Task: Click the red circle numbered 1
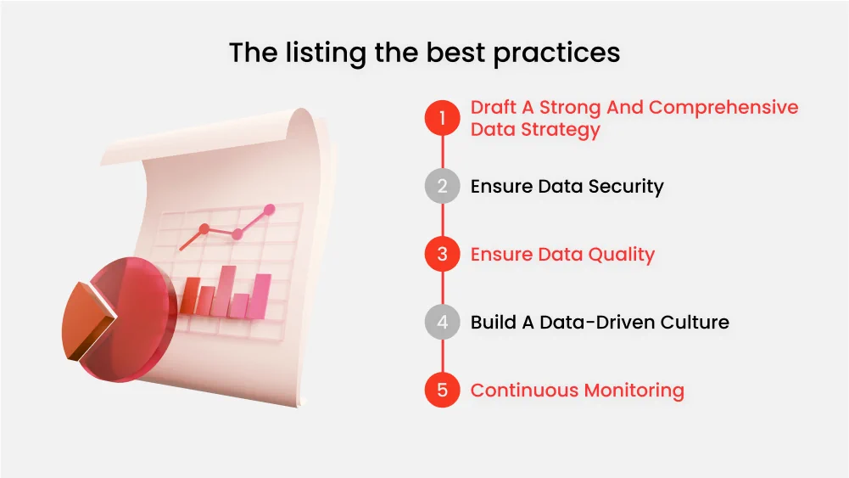(x=442, y=118)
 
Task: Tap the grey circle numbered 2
(x=442, y=186)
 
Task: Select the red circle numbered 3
(x=442, y=254)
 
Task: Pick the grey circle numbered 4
(x=442, y=323)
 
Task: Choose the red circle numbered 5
(x=442, y=391)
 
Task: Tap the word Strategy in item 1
(x=559, y=130)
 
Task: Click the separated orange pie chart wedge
(x=87, y=321)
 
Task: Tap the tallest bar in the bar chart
(x=227, y=290)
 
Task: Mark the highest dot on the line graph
(x=270, y=209)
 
